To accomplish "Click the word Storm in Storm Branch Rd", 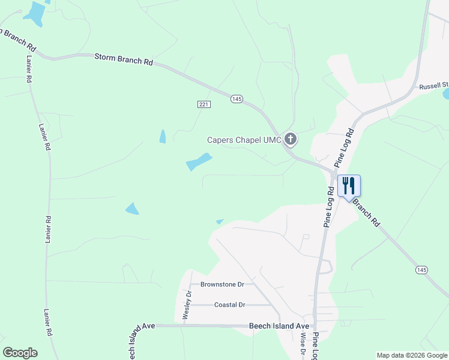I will pyautogui.click(x=106, y=58).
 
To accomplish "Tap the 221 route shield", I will pyautogui.click(x=204, y=104).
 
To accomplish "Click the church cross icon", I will pyautogui.click(x=291, y=140).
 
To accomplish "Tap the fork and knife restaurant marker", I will pyautogui.click(x=349, y=185).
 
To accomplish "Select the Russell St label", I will pyautogui.click(x=433, y=86).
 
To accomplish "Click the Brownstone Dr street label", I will pyautogui.click(x=222, y=284).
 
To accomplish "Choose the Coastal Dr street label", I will pyautogui.click(x=230, y=305).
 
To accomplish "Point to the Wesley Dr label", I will pyautogui.click(x=187, y=305).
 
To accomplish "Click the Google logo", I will pyautogui.click(x=20, y=353).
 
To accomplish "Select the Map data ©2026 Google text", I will pyautogui.click(x=411, y=355).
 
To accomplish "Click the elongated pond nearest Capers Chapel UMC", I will pyautogui.click(x=199, y=161).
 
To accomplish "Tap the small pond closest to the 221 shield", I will pyautogui.click(x=163, y=137).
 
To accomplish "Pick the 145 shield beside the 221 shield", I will pyautogui.click(x=237, y=99).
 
